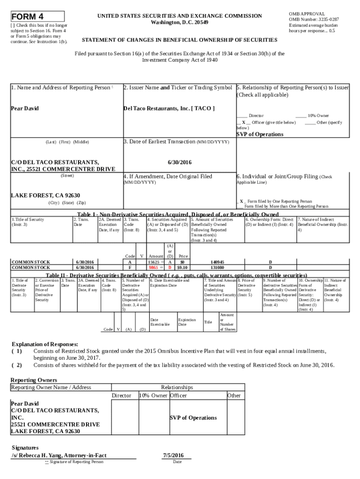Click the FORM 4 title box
click(x=37, y=16)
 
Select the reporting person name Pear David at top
click(x=25, y=109)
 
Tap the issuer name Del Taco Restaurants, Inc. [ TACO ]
click(x=169, y=109)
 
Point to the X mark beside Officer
click(x=243, y=122)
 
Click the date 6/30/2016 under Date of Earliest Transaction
click(x=179, y=162)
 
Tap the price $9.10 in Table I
click(x=182, y=268)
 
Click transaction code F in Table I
click(x=130, y=268)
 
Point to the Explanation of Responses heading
click(x=44, y=344)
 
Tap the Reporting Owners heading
click(x=34, y=380)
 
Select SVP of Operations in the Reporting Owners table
click(x=193, y=418)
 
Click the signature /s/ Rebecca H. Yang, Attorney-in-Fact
click(x=59, y=455)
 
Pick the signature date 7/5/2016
click(x=173, y=455)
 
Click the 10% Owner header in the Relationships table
click(x=153, y=395)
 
